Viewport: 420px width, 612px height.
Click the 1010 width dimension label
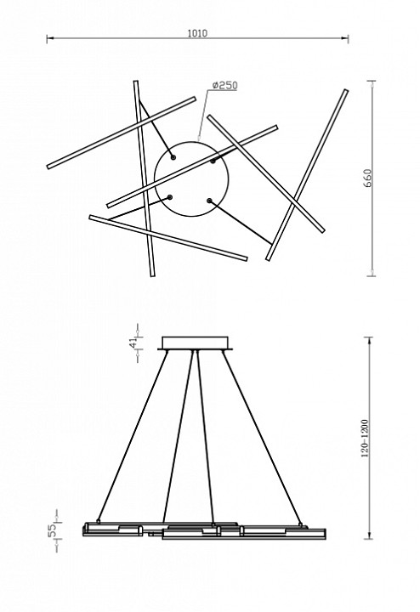197,33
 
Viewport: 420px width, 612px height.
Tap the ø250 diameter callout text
224,85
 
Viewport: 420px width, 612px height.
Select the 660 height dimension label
367,178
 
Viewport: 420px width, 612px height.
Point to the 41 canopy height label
133,343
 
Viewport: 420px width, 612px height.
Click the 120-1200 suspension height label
365,439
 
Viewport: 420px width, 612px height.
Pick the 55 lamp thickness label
52,530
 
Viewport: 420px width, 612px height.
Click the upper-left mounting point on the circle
173,157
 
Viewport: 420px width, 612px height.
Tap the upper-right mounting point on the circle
213,161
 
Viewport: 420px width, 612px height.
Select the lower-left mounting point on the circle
169,197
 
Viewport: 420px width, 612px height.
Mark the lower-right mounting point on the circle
209,201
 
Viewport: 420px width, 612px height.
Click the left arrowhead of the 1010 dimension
49,38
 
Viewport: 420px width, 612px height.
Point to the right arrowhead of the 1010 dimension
345,38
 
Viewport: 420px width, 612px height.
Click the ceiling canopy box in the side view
196,343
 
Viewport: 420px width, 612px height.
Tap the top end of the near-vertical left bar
136,82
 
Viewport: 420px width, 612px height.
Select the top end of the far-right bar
346,91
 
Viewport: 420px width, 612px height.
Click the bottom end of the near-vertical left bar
153,275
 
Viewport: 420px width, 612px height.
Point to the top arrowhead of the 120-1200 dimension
369,340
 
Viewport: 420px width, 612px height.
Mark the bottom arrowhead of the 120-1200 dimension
369,535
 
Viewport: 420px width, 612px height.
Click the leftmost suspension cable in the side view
133,436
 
